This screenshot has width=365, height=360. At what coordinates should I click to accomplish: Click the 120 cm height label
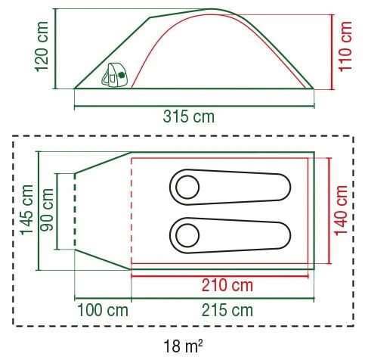coord(42,47)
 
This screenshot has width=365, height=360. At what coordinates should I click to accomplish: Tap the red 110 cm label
coord(345,47)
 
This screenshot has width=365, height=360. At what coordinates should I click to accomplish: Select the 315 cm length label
coord(189,116)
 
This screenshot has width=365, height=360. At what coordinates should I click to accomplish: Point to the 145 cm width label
coord(27,210)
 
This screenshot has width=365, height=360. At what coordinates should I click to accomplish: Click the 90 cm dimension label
coord(48,210)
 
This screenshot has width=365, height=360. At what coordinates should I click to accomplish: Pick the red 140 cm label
coord(342,210)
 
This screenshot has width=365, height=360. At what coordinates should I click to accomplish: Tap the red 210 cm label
coord(227,285)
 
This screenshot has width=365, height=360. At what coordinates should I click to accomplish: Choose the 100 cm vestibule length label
coord(103,310)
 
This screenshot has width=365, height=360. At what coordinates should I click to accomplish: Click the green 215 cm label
coord(227,310)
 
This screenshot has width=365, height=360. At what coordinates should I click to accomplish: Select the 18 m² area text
coord(183,346)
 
